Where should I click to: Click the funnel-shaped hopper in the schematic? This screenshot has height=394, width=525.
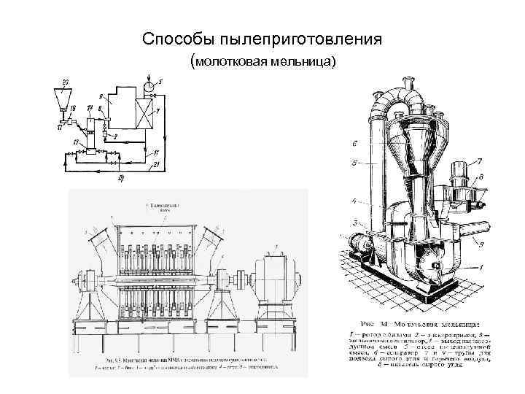pyautogui.click(x=66, y=96)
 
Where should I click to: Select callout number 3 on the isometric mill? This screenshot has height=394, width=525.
pyautogui.click(x=354, y=223)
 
